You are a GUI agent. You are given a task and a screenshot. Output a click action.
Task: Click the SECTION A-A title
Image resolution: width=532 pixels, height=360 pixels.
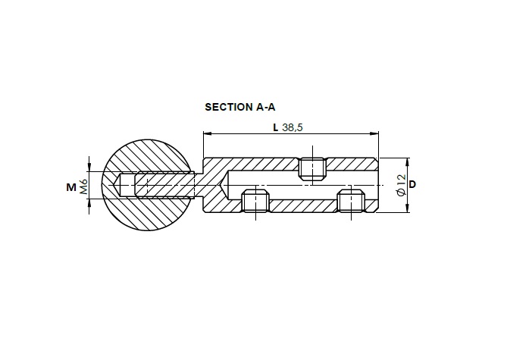pyautogui.click(x=240, y=107)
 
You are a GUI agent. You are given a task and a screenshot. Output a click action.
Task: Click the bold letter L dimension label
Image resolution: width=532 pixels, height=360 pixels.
pyautogui.click(x=276, y=127)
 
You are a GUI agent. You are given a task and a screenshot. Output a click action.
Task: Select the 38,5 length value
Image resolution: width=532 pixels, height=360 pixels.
pyautogui.click(x=293, y=127)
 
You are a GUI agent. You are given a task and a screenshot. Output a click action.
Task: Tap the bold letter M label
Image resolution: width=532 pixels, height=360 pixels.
pyautogui.click(x=71, y=187)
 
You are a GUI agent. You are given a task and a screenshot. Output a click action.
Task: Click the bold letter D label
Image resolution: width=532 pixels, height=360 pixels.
pyautogui.click(x=412, y=185)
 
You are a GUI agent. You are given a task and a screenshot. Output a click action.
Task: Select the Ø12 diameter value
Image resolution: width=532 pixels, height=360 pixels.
pyautogui.click(x=401, y=185)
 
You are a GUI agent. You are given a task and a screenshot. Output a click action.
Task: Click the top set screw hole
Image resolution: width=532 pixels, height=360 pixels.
pyautogui.click(x=312, y=168)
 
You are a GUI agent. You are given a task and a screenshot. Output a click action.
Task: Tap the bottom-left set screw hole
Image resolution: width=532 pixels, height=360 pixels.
pyautogui.click(x=255, y=202)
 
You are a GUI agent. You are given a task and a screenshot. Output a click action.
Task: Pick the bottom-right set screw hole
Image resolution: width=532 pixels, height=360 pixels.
pyautogui.click(x=351, y=202)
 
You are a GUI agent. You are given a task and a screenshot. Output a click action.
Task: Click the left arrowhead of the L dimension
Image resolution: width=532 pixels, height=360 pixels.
pyautogui.click(x=207, y=133)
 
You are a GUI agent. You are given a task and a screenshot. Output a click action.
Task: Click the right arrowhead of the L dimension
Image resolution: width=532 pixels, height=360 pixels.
pyautogui.click(x=374, y=133)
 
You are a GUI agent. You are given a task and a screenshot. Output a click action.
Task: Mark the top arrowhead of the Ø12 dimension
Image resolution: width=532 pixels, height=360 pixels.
pyautogui.click(x=408, y=162)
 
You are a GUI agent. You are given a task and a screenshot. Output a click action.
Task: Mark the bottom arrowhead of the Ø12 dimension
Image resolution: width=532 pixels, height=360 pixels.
pyautogui.click(x=408, y=208)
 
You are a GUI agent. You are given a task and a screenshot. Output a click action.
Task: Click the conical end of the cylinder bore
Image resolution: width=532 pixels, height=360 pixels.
pyautogui.click(x=225, y=185)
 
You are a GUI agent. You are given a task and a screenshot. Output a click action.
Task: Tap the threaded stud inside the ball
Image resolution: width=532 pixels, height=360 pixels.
pyautogui.click(x=164, y=185)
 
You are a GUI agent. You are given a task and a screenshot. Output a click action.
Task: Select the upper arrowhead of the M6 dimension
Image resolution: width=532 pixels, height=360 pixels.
pyautogui.click(x=89, y=167)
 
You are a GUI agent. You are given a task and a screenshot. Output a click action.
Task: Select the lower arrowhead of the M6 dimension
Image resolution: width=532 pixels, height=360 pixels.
pyautogui.click(x=89, y=203)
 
